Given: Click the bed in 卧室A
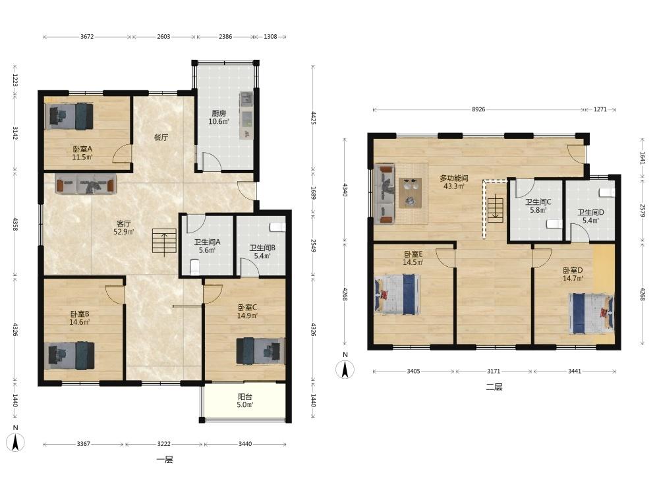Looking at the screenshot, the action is coord(69,117).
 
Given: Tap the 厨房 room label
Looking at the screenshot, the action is coord(219,113).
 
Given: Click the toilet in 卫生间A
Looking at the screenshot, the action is coord(194,267).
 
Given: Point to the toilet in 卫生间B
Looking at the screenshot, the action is coord(277,227).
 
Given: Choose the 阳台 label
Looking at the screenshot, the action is coord(245,397).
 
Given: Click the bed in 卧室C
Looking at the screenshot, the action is coord(260,351).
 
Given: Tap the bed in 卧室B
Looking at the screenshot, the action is coord(69,356).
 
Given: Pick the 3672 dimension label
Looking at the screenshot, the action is coord(87,36).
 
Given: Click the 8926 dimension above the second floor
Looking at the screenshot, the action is coord(478,109).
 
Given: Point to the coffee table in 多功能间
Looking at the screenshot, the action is coord(410,193).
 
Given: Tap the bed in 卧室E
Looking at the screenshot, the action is coord(397,294).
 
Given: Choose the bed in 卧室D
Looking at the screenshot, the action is coord(591,314).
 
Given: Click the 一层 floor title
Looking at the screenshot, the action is coord(165,460).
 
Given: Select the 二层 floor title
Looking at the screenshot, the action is coord(494,387).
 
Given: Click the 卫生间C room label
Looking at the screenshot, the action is coord(538,202).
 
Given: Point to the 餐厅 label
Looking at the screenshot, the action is coord(161,138).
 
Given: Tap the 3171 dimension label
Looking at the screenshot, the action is coord(494,371).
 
